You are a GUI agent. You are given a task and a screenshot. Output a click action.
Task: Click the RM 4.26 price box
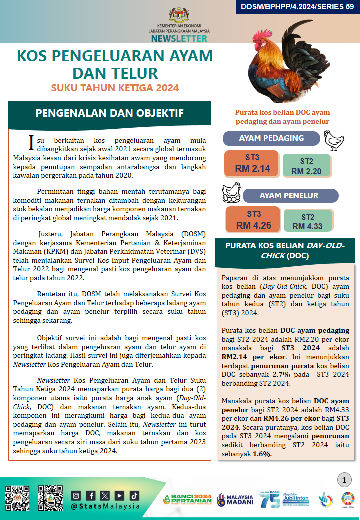[x=254, y=220]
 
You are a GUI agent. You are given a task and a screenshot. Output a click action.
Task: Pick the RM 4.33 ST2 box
[x=308, y=221]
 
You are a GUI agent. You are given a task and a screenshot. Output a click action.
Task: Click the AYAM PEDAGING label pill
[x=271, y=138]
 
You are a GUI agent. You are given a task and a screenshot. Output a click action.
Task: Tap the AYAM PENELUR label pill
[x=289, y=195]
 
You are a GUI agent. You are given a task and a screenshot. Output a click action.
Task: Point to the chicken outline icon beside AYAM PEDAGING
[x=334, y=141]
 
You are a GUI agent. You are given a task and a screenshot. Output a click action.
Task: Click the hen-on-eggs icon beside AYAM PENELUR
[x=232, y=192]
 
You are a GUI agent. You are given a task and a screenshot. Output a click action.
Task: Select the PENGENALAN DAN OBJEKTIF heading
[x=110, y=113]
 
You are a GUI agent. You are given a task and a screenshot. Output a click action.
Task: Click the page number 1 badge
[x=344, y=481]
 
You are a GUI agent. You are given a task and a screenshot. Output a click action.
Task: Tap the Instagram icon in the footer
[x=76, y=496]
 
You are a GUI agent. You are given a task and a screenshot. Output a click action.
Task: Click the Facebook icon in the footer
[x=90, y=496]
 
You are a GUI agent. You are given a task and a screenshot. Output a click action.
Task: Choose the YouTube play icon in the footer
[x=119, y=496]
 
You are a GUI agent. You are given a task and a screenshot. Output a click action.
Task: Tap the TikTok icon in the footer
[x=134, y=496]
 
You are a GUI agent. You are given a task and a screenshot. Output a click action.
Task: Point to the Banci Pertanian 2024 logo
[x=187, y=500]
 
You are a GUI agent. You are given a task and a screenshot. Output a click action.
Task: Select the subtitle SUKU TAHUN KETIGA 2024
[x=115, y=88]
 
